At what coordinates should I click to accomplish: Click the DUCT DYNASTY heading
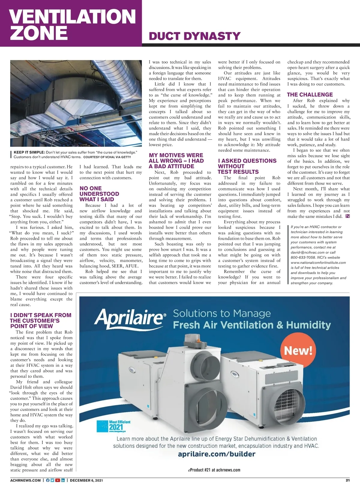(194, 36)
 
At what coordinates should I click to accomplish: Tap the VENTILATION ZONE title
(73, 25)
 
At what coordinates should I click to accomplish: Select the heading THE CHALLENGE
(310, 94)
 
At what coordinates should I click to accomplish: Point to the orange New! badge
(298, 350)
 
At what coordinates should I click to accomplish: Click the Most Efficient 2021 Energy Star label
(115, 426)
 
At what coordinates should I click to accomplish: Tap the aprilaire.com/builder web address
(217, 454)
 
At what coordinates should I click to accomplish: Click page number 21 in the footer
(348, 480)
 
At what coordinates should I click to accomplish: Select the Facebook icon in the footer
(48, 480)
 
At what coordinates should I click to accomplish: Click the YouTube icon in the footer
(58, 480)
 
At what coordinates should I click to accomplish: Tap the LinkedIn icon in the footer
(63, 480)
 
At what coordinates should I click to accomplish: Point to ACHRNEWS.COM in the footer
(25, 480)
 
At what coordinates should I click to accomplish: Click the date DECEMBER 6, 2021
(86, 480)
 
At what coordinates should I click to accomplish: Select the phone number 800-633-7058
(303, 257)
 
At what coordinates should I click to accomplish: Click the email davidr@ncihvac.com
(307, 252)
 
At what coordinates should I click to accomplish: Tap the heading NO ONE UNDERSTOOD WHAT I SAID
(99, 194)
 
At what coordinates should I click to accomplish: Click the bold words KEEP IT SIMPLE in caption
(29, 152)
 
